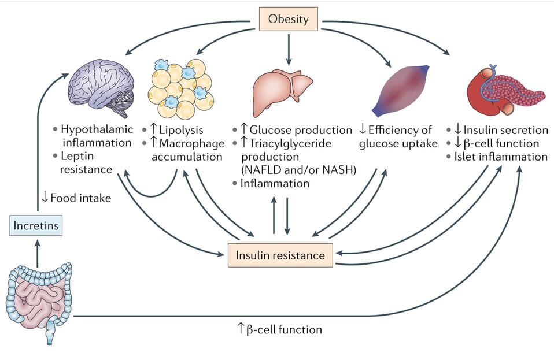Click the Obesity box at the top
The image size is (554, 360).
click(288, 19)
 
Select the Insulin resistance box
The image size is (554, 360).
click(280, 255)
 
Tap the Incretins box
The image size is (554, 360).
click(36, 225)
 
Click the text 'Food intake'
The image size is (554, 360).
click(81, 198)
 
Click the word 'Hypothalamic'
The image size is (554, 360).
click(97, 129)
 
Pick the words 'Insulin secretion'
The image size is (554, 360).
click(505, 129)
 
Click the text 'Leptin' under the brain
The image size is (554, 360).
click(76, 156)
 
